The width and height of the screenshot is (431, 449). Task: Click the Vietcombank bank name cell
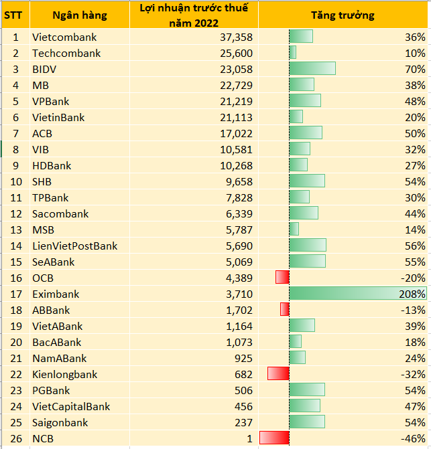tap(64, 37)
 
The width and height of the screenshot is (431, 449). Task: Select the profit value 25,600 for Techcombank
tap(233, 54)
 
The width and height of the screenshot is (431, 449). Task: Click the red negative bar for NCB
tap(274, 438)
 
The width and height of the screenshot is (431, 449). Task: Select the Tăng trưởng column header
tap(343, 15)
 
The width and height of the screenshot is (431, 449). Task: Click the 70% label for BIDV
tap(415, 69)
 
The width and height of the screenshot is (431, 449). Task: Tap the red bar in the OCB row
tap(282, 277)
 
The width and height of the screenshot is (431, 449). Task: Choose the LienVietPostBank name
tap(74, 246)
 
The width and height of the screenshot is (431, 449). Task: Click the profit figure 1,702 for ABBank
tap(239, 310)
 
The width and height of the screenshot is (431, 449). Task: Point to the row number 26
tap(16, 438)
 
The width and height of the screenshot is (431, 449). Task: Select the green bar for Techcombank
tap(293, 53)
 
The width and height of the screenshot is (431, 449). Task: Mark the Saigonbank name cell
tap(58, 422)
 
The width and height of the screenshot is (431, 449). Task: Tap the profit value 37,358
tap(233, 37)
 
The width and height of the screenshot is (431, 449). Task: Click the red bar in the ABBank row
tap(285, 309)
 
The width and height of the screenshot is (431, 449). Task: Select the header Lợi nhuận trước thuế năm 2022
tap(193, 15)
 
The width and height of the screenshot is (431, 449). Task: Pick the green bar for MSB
tap(294, 230)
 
